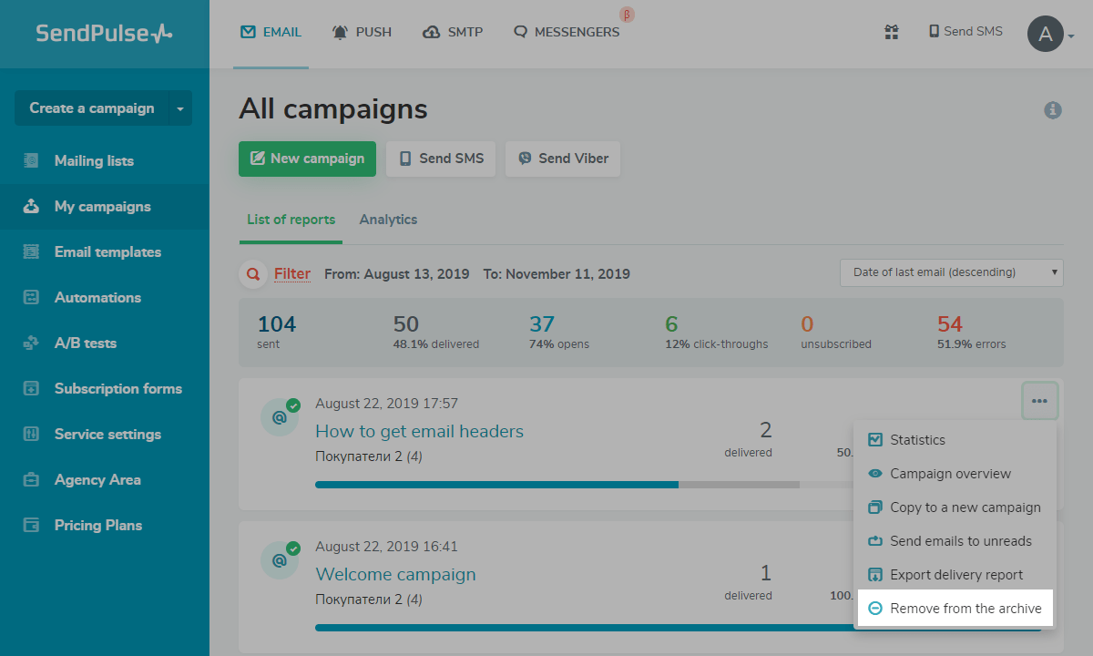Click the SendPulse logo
[104, 34]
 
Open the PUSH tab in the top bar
[362, 32]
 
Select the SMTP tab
[453, 32]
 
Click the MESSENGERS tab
[567, 32]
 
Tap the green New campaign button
[307, 159]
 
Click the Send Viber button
[563, 159]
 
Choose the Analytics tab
[388, 220]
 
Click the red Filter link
[291, 273]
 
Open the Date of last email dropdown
[951, 272]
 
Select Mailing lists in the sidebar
[94, 161]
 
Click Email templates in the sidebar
[107, 252]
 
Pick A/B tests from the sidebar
[86, 343]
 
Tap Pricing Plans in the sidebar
[98, 526]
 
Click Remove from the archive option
[965, 609]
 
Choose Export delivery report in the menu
[955, 575]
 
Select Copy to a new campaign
[965, 507]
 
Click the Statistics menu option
[917, 440]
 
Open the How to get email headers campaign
[419, 431]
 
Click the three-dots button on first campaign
[1039, 401]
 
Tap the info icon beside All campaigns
[1053, 110]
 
